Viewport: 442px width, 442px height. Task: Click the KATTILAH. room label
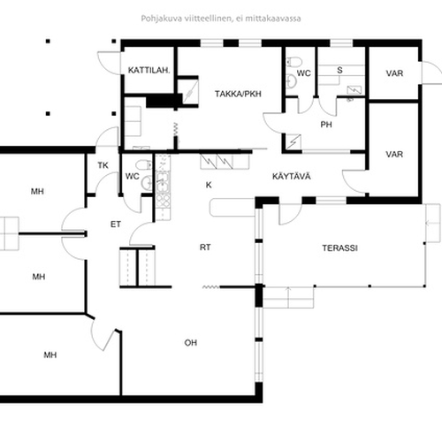click(149, 71)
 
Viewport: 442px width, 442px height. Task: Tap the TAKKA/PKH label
click(238, 94)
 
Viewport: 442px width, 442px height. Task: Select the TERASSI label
click(339, 248)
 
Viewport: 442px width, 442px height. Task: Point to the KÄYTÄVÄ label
click(292, 176)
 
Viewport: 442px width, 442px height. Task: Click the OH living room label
click(191, 343)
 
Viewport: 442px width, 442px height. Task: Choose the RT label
click(205, 248)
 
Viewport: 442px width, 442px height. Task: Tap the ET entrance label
click(116, 225)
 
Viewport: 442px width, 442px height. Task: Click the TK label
click(103, 165)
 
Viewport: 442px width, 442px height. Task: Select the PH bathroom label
click(326, 125)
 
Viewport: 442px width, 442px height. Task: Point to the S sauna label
click(339, 70)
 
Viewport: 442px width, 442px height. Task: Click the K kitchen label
click(209, 185)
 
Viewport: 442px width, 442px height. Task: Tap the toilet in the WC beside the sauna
click(294, 62)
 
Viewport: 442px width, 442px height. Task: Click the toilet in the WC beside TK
click(144, 164)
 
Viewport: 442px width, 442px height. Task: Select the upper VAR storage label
click(394, 73)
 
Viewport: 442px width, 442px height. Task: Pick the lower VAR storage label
click(394, 154)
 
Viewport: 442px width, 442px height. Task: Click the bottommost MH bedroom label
click(50, 355)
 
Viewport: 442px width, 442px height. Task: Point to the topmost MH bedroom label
click(37, 192)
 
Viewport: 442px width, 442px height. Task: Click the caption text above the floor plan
click(221, 19)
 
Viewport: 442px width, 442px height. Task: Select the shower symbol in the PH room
click(293, 141)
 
